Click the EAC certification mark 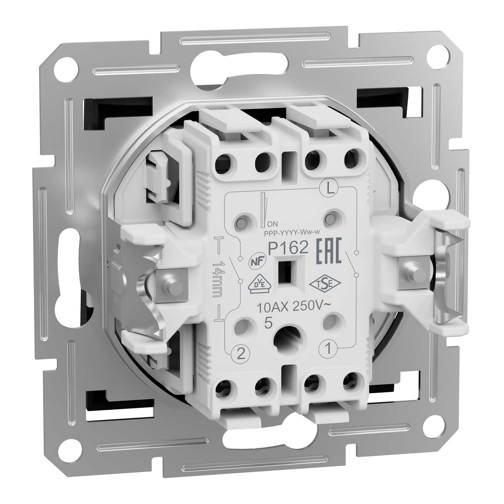tap(329, 250)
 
